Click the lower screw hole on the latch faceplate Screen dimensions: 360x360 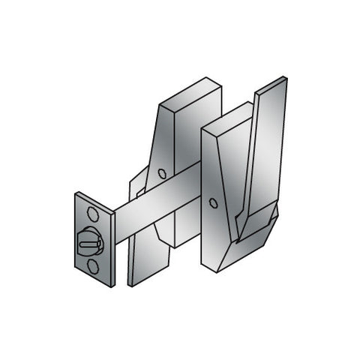coord(91,265)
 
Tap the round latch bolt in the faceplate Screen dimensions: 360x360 coord(89,240)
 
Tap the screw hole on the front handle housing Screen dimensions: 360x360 coord(214,202)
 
